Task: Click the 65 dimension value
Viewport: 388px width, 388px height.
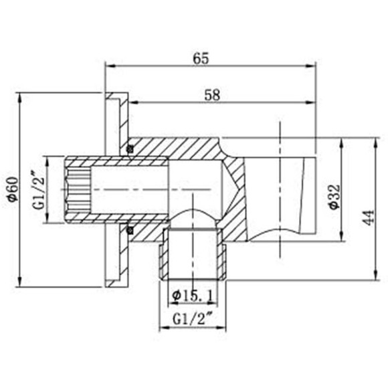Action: pos(201,58)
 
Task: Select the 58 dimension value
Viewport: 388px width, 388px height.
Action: pos(213,94)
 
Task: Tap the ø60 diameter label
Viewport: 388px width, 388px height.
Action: pos(11,189)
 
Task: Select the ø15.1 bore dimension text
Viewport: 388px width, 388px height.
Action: pos(193,295)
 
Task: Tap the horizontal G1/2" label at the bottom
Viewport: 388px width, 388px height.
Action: pos(193,318)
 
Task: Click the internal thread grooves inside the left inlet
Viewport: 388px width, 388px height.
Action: pos(77,190)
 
